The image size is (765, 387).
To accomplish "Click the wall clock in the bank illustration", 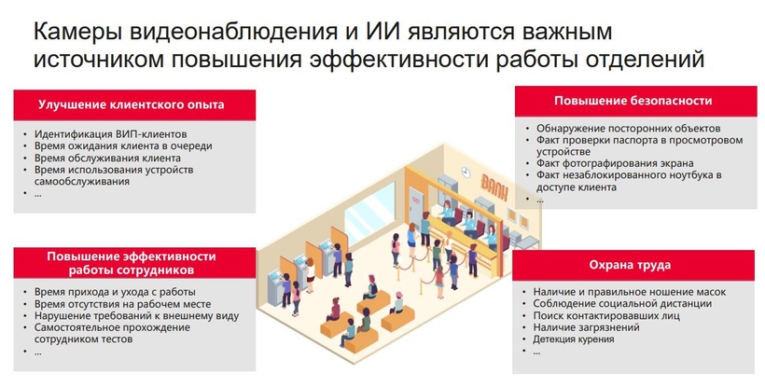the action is point(466,172).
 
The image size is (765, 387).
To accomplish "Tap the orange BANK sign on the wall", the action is point(494,187).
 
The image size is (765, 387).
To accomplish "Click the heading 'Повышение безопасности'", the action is point(633,101).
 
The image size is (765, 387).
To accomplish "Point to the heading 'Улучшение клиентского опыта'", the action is point(132,104).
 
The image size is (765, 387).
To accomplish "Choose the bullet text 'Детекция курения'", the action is point(573,339).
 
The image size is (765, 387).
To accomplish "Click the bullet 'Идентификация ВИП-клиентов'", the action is point(110,134).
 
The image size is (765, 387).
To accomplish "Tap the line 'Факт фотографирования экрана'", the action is point(615,163).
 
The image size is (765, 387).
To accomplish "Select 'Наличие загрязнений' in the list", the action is point(586,327).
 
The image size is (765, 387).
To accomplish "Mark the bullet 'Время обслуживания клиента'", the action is point(107,158).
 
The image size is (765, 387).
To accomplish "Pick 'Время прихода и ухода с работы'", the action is point(115,292).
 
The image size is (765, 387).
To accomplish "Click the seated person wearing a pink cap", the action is point(397,303).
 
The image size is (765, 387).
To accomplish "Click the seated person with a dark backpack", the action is point(370,287).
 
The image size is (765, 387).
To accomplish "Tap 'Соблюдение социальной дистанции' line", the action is point(622,304).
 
